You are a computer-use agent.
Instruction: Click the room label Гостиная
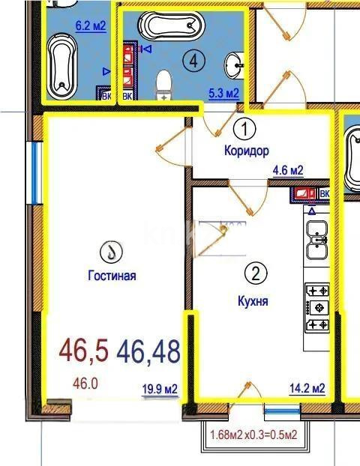click(x=112, y=276)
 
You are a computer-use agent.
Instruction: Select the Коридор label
click(x=246, y=151)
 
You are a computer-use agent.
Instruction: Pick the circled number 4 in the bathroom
click(x=194, y=61)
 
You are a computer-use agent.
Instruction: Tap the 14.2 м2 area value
click(x=307, y=388)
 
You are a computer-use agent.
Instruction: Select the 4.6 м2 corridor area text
click(x=288, y=171)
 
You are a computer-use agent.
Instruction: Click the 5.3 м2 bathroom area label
click(x=223, y=94)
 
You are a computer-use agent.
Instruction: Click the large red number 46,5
click(x=84, y=350)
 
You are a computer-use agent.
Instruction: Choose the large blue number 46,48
click(x=148, y=351)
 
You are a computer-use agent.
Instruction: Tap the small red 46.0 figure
click(x=85, y=384)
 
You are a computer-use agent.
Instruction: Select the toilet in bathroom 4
click(x=163, y=83)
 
